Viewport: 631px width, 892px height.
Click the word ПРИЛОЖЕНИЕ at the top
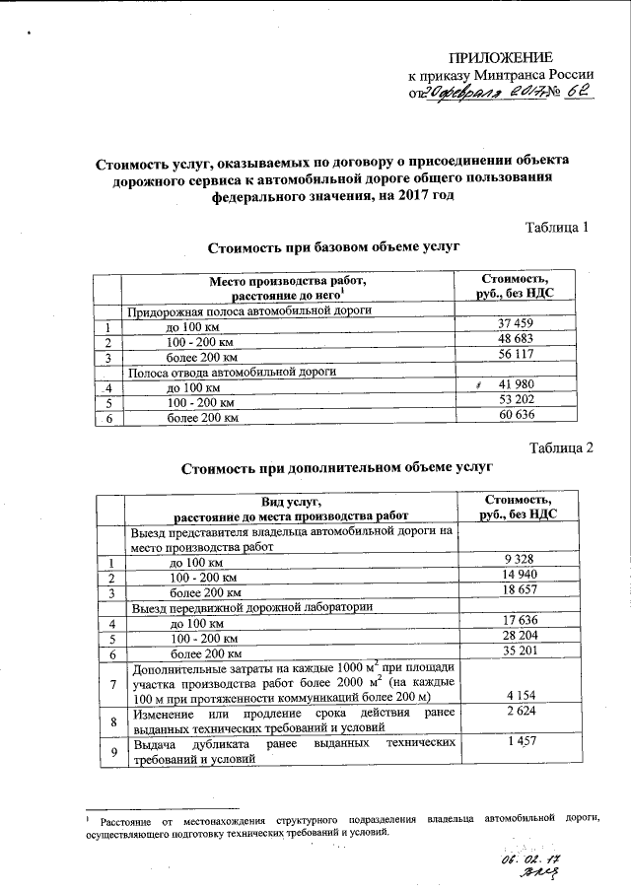(x=500, y=56)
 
